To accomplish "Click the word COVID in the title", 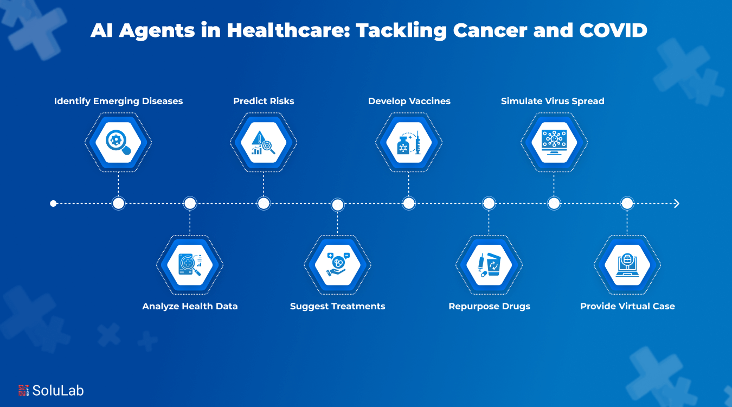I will point(613,30).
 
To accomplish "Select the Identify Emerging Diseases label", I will point(118,101).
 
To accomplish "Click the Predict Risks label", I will point(264,101).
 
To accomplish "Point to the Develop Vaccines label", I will point(409,101).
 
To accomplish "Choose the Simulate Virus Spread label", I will point(553,101).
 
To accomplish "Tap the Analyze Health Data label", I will point(190,306).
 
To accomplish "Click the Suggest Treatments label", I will point(337,306).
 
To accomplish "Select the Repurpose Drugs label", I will point(489,306).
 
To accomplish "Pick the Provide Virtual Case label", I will point(627,306).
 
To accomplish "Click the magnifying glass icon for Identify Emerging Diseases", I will point(118,143).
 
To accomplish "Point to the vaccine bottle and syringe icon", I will point(409,143).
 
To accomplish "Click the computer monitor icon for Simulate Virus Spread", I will point(554,143).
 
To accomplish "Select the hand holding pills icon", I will point(337,265).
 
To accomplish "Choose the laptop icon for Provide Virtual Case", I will point(627,265).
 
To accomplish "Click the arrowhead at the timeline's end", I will point(676,203).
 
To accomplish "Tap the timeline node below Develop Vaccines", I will point(409,203).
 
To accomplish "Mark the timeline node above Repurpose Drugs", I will point(489,203).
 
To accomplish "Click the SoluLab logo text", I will point(58,390).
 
